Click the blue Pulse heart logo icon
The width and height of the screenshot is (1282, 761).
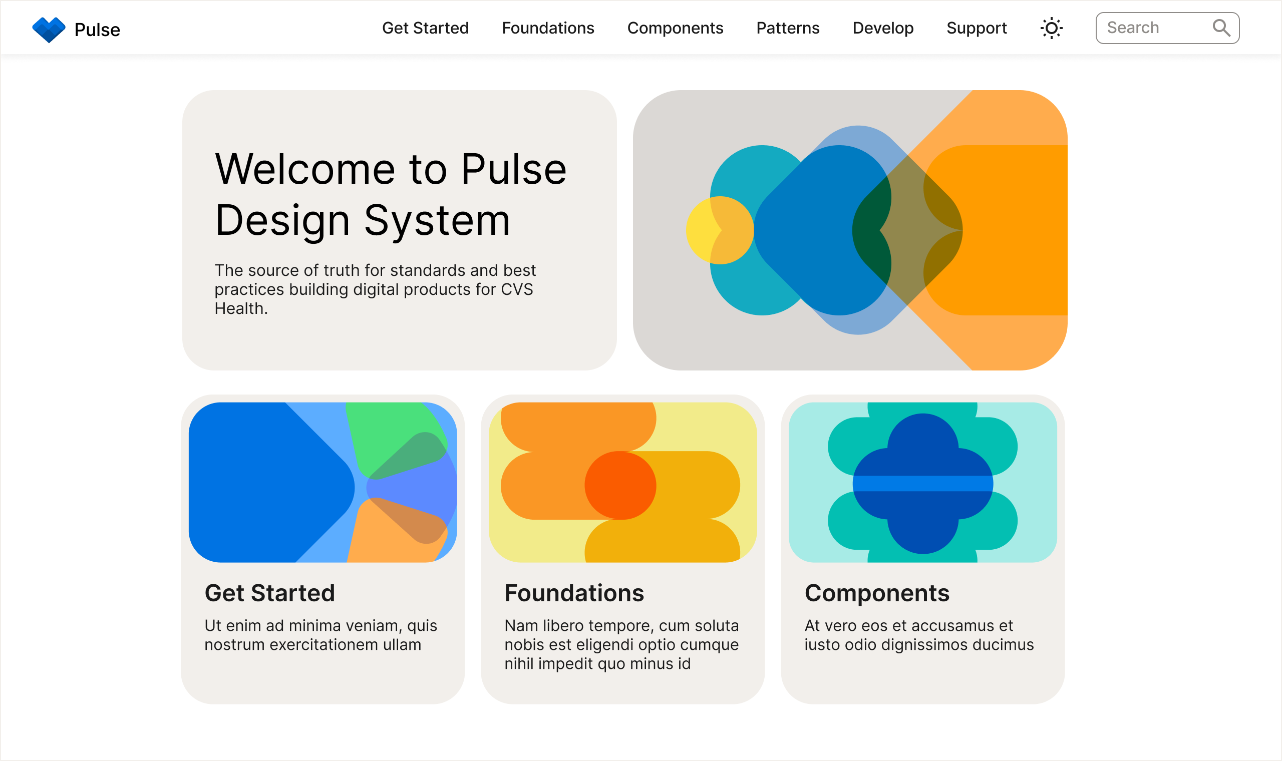click(x=49, y=29)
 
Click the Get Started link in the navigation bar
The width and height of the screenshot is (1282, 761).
click(x=425, y=28)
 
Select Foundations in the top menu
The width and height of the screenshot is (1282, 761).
click(x=548, y=28)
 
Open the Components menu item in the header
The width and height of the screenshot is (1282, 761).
click(x=675, y=28)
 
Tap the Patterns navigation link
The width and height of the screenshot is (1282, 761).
click(x=788, y=28)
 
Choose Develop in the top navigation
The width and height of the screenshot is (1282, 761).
click(x=882, y=28)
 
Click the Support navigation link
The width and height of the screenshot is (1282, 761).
click(x=977, y=28)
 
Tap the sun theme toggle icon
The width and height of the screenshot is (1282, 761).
click(x=1051, y=28)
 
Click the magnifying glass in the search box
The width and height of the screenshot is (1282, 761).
click(x=1221, y=28)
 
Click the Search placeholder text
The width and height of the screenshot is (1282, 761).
click(x=1132, y=28)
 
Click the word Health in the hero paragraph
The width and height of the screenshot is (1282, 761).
click(x=239, y=309)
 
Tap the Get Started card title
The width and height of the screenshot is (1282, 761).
click(x=269, y=593)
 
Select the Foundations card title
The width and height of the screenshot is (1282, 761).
click(x=574, y=593)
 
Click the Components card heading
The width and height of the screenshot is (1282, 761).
click(x=876, y=593)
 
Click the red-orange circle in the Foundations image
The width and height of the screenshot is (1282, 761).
click(x=620, y=485)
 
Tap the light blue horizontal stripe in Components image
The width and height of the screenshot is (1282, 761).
click(x=922, y=484)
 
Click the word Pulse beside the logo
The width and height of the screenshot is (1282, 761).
click(x=97, y=30)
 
